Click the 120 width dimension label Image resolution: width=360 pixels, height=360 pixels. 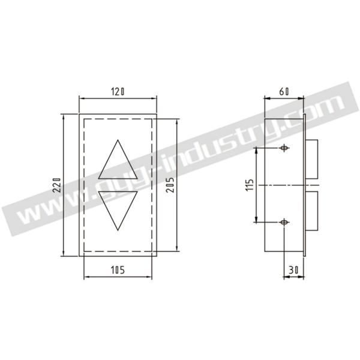click(118, 92)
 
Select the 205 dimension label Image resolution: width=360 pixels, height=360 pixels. click(170, 184)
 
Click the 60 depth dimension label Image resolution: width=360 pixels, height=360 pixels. click(284, 92)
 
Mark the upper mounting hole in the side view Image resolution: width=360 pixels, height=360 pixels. click(284, 148)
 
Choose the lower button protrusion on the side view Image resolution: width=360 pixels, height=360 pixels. click(311, 209)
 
